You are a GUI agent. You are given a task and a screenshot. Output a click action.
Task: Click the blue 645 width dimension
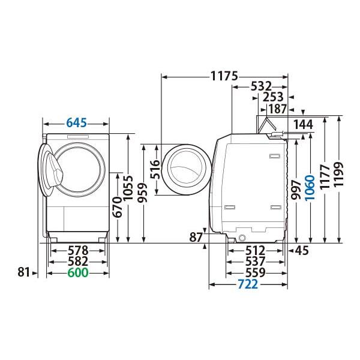click(76, 123)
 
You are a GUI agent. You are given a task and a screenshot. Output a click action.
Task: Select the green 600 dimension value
click(77, 273)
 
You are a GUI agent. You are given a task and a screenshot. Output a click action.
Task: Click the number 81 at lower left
click(23, 273)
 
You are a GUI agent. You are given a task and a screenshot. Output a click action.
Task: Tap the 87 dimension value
click(196, 238)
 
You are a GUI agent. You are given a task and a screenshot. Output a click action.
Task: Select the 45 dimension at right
click(301, 250)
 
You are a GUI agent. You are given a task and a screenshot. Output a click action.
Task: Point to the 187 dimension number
click(277, 109)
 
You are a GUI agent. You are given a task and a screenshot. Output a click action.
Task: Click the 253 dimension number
click(274, 97)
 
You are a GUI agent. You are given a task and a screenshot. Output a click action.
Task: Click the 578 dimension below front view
click(77, 250)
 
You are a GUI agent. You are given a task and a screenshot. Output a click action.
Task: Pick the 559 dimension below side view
click(256, 273)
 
